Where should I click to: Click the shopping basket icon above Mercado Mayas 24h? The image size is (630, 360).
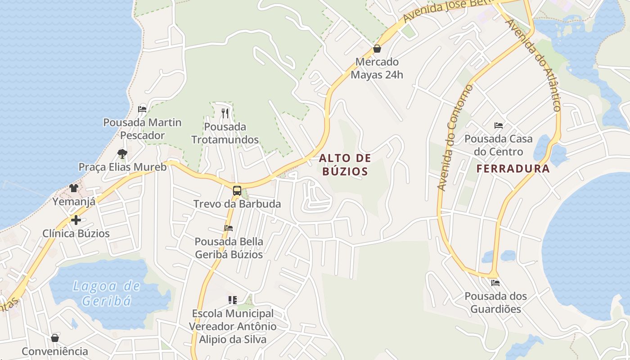[x=377, y=49]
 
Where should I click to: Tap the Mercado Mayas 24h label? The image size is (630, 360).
[x=377, y=68]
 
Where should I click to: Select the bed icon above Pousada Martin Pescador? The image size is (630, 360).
[x=142, y=109]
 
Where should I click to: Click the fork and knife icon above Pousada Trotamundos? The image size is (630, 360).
[x=225, y=113]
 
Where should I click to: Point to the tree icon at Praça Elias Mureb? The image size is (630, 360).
[x=122, y=154]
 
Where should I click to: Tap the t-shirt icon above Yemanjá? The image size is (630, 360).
[x=74, y=188]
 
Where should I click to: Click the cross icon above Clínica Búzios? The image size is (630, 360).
[x=76, y=220]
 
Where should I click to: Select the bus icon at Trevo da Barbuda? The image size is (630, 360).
[x=237, y=190]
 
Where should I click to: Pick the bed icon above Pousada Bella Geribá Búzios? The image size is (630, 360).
[x=229, y=228]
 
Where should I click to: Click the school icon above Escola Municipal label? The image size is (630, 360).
[x=232, y=300]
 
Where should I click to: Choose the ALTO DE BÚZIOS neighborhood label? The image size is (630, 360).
[x=345, y=164]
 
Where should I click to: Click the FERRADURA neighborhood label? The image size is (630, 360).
[x=513, y=169]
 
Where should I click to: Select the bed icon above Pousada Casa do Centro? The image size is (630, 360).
[x=499, y=125]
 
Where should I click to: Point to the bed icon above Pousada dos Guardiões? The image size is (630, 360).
[x=495, y=283]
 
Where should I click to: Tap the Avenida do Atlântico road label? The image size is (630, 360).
[x=534, y=65]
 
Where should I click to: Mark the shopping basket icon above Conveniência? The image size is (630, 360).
[x=55, y=338]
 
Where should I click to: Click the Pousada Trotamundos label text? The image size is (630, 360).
[x=225, y=133]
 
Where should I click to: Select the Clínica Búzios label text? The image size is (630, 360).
[x=76, y=234]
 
